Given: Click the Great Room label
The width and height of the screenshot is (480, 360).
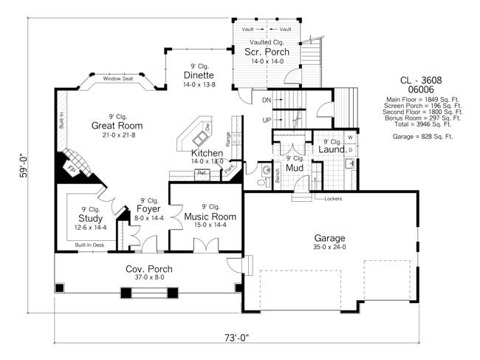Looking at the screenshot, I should [x=117, y=126].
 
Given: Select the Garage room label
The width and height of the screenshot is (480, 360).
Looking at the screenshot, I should [x=329, y=239].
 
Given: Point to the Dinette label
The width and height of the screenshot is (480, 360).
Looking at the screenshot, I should [x=199, y=75].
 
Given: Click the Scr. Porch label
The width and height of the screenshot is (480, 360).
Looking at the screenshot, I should [x=267, y=52].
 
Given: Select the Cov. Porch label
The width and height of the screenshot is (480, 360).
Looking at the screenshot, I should [x=149, y=269].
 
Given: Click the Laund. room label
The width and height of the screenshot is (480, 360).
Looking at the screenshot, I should [x=333, y=150].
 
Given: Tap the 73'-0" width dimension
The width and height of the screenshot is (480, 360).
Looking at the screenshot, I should [x=237, y=337].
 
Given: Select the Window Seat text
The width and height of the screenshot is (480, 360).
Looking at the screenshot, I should [x=118, y=78].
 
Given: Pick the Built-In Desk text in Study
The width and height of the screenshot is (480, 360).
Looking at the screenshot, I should [x=89, y=243].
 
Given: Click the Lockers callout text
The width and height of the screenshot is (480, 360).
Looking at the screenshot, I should [x=331, y=198].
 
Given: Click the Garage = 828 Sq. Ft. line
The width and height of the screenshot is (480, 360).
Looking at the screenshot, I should [x=423, y=137].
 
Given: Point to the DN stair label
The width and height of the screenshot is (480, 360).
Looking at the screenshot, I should [x=267, y=100].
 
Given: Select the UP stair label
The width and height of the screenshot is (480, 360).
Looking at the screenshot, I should [x=267, y=120].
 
